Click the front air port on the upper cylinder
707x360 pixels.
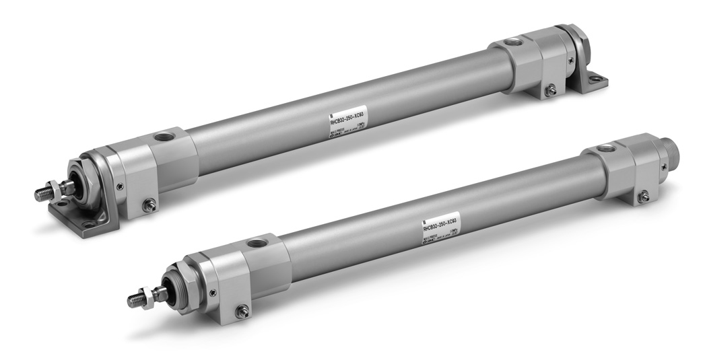[x=162, y=137]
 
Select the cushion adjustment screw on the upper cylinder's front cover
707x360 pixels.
[x=149, y=205]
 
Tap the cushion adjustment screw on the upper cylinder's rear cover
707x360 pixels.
[x=550, y=88]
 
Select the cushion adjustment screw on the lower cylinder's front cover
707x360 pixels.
[x=242, y=311]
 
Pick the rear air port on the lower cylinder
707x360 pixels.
[x=607, y=147]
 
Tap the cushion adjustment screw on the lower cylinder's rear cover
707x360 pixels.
[x=643, y=196]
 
